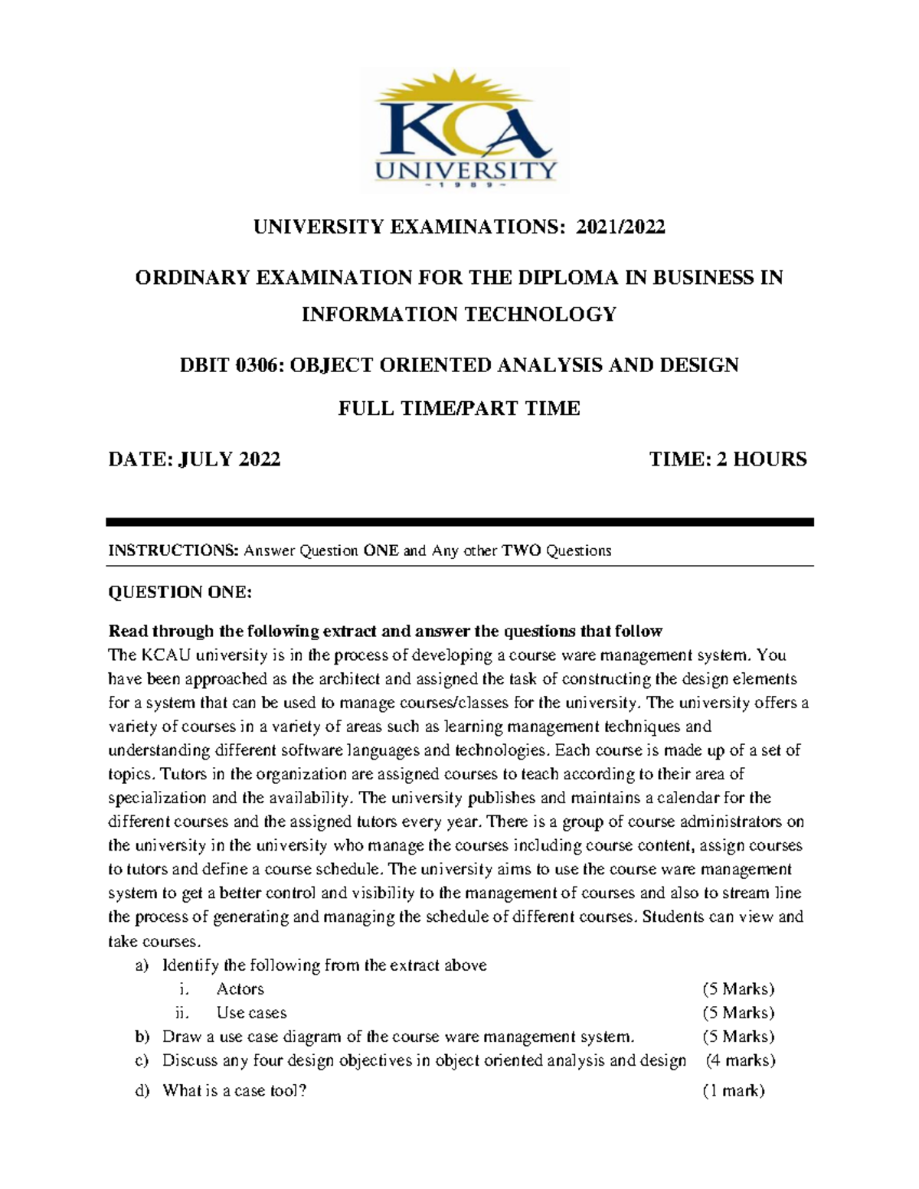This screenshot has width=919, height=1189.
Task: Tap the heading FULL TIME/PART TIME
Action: (459, 408)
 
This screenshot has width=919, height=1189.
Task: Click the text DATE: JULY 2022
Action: (195, 459)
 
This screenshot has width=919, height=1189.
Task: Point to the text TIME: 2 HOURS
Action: (728, 459)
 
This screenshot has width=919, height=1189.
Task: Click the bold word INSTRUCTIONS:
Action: (174, 550)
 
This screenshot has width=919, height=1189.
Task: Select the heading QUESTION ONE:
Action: (179, 592)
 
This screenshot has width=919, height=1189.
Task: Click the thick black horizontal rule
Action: (459, 522)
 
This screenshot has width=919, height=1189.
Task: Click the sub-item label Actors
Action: (240, 989)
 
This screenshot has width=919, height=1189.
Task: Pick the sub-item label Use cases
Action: (251, 1013)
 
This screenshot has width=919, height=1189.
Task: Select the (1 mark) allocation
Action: (733, 1091)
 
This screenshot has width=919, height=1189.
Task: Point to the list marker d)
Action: (142, 1091)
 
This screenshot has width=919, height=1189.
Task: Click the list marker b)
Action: (142, 1037)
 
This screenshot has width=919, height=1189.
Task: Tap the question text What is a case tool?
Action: (234, 1091)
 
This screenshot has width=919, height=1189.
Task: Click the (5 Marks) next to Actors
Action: (738, 989)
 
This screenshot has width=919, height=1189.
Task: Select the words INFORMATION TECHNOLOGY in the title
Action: (459, 315)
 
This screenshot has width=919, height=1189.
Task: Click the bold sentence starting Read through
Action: (385, 632)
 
